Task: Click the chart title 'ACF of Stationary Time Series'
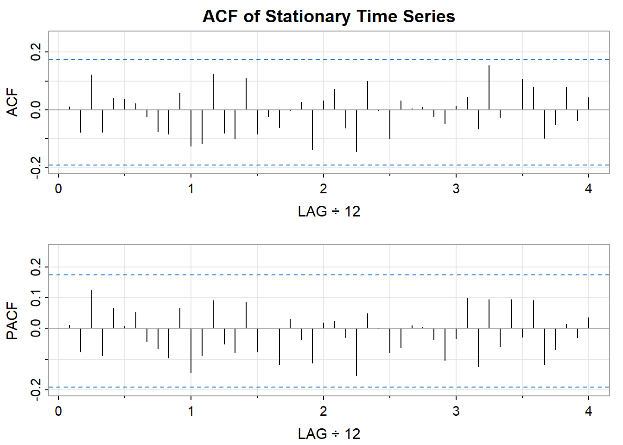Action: tap(329, 17)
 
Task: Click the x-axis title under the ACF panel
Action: tap(329, 212)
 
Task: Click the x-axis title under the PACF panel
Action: tap(329, 434)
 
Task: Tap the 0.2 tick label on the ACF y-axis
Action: tap(35, 51)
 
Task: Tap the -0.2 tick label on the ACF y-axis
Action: tap(35, 167)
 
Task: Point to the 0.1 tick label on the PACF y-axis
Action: tap(35, 297)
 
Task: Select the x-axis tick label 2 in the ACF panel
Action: tap(323, 189)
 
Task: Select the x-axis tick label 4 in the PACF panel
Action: tap(588, 411)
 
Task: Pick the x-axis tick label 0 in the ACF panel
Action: tap(58, 189)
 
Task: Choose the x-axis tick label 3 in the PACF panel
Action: tap(456, 411)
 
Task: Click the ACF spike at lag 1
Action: tap(191, 128)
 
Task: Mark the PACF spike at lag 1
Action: tap(191, 350)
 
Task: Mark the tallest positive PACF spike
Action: tap(92, 309)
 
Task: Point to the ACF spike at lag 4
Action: tap(589, 103)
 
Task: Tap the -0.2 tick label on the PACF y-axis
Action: tap(35, 390)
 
